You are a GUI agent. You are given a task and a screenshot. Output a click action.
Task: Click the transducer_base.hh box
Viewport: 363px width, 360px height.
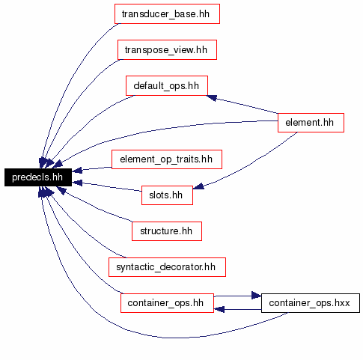coord(167,14)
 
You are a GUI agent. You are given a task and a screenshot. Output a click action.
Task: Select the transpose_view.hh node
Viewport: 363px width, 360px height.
coord(167,49)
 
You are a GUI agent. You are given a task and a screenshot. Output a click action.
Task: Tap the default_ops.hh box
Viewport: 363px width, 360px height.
coord(167,85)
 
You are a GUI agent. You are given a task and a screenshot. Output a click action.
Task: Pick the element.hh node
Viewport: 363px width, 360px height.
coord(311,123)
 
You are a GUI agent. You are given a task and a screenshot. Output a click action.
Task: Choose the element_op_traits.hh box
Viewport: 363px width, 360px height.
coord(167,159)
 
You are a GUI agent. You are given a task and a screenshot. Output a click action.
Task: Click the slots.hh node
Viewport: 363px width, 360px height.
coord(167,195)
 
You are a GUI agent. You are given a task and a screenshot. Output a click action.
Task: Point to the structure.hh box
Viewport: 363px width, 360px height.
coord(167,231)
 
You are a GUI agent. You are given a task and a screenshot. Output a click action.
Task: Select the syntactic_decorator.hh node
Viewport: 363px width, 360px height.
coord(167,267)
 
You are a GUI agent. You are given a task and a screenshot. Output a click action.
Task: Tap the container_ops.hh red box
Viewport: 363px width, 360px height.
coord(167,303)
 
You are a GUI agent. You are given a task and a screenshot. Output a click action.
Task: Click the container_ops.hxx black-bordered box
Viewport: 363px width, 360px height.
coord(311,303)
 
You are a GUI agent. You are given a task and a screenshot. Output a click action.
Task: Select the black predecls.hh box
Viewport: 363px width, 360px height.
coord(38,177)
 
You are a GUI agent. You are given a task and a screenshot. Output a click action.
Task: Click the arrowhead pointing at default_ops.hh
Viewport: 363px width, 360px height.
coord(212,98)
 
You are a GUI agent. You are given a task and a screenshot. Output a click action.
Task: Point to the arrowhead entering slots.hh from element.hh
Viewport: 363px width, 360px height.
coord(198,186)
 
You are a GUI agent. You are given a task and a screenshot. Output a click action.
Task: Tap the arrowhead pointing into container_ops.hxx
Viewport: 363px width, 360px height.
coord(256,296)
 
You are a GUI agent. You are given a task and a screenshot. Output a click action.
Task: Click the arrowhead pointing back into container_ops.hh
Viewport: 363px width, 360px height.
coord(219,309)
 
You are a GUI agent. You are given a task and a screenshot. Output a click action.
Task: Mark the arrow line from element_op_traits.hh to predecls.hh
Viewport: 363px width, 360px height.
coord(92,169)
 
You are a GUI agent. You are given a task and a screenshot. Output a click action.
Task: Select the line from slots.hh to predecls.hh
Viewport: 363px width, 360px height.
coord(107,187)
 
